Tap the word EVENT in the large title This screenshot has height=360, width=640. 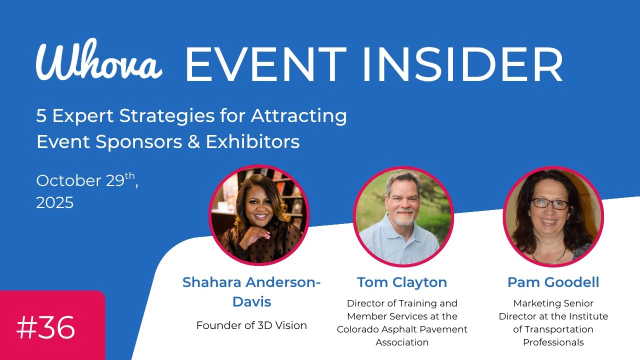pyautogui.click(x=265, y=65)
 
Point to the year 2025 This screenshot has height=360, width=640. pyautogui.click(x=55, y=202)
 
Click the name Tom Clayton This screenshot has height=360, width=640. pyautogui.click(x=402, y=282)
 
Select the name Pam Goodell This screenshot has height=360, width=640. pyautogui.click(x=553, y=282)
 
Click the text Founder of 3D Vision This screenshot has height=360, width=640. pyautogui.click(x=251, y=325)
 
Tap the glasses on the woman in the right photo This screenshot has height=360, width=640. pyautogui.click(x=550, y=203)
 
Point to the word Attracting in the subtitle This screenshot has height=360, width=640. pyautogui.click(x=299, y=116)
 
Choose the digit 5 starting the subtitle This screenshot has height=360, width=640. pyautogui.click(x=41, y=116)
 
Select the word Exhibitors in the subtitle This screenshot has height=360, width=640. pyautogui.click(x=252, y=142)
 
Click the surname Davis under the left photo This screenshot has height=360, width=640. pyautogui.click(x=251, y=302)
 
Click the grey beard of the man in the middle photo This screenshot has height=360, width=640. pyautogui.click(x=404, y=219)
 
